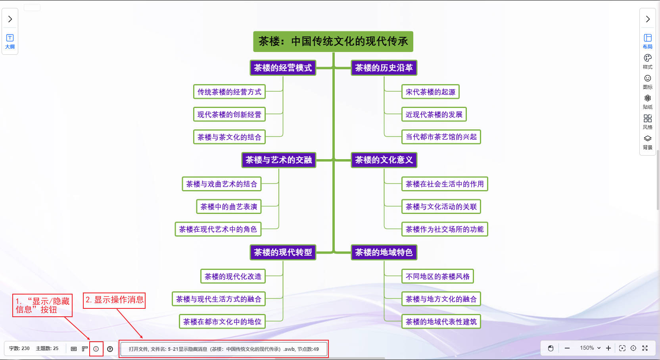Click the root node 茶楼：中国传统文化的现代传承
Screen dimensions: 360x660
(333, 42)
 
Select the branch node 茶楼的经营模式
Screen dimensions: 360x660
(283, 68)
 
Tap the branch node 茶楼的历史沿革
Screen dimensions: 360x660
(384, 68)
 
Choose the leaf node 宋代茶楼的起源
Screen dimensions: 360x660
(430, 92)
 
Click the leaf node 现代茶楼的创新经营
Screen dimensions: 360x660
(229, 115)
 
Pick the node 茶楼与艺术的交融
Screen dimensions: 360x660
(278, 160)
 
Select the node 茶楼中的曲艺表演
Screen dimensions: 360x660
(229, 207)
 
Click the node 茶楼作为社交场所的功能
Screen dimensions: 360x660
(445, 229)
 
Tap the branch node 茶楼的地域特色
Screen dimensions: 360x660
(384, 252)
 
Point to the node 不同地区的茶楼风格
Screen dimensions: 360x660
(437, 277)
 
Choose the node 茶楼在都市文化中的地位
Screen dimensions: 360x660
(222, 322)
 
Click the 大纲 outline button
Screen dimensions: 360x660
(10, 41)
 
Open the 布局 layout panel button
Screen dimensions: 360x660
(647, 41)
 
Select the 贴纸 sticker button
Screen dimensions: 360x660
(647, 101)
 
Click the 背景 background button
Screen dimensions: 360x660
(647, 142)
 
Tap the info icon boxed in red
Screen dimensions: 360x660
(96, 349)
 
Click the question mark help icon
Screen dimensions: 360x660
(110, 349)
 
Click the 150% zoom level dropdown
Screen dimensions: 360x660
(590, 348)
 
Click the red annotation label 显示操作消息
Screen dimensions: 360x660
(114, 300)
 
